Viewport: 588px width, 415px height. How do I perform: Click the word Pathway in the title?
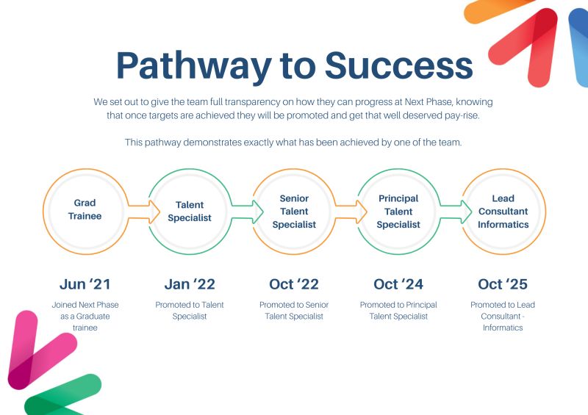(x=193, y=66)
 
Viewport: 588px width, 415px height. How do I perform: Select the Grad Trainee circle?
(x=85, y=210)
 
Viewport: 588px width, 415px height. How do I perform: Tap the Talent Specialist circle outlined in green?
(x=190, y=212)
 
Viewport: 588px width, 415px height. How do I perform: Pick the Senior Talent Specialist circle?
(x=294, y=212)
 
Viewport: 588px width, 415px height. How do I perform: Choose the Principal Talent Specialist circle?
(x=398, y=212)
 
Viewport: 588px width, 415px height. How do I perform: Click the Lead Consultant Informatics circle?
(x=503, y=212)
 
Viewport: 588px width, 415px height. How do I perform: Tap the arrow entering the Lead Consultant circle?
(x=456, y=212)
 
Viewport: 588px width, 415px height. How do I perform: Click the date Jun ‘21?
(x=85, y=284)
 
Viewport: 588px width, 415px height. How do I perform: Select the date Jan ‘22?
(x=190, y=284)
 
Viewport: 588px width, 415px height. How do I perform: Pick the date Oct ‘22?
(x=294, y=284)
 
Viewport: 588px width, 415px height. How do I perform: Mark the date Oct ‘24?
(x=398, y=284)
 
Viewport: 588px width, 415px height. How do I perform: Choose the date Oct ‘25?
(x=503, y=284)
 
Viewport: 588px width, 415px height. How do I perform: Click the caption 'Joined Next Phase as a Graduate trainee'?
(x=85, y=316)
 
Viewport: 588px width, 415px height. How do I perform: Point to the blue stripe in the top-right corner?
(x=579, y=44)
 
